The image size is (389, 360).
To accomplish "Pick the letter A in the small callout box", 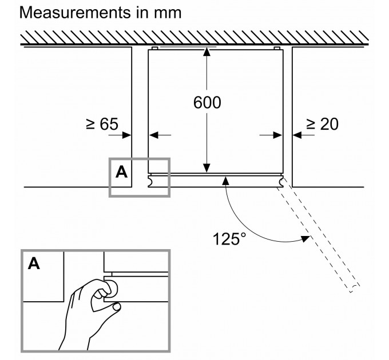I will (x=121, y=171).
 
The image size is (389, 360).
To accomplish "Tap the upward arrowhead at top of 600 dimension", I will (x=207, y=53).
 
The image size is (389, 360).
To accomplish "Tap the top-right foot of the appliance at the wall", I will (x=277, y=48).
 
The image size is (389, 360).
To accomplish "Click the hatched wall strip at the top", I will (x=194, y=39).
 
